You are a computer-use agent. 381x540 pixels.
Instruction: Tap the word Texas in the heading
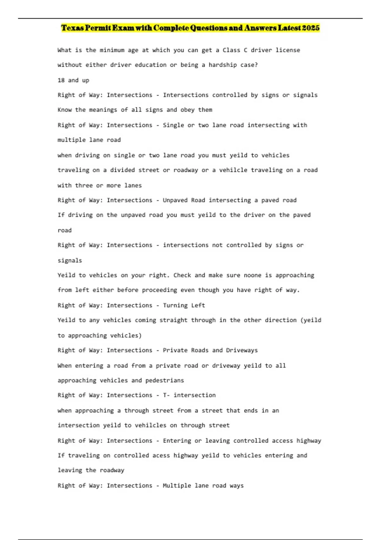point(72,28)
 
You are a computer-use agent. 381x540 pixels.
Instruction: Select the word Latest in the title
point(289,28)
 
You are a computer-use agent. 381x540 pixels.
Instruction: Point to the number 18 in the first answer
point(61,80)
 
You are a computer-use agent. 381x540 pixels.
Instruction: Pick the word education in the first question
point(150,65)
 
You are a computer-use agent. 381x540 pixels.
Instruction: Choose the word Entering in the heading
point(177,441)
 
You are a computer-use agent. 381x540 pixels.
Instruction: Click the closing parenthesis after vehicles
point(140,335)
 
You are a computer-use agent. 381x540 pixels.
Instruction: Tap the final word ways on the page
point(237,485)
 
